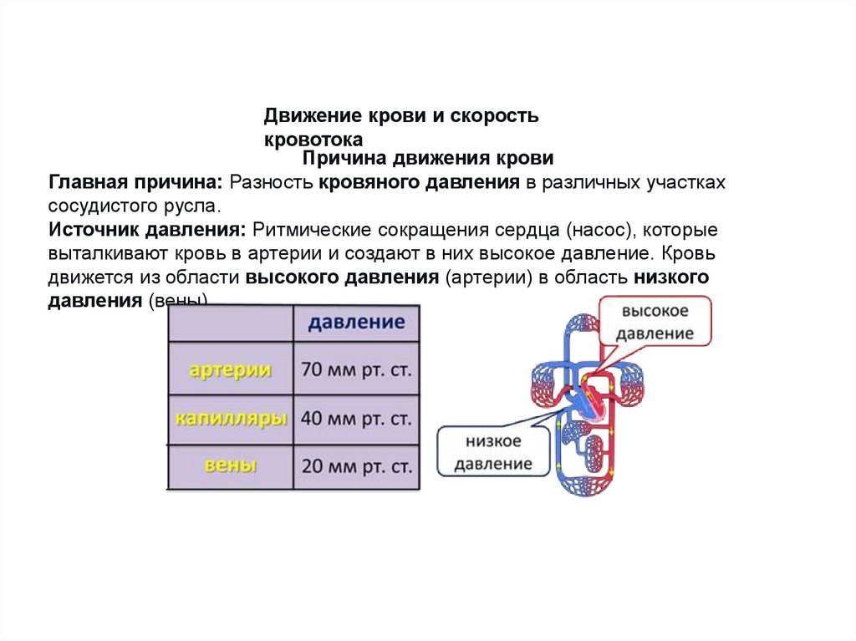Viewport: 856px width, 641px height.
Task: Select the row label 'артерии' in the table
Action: click(230, 369)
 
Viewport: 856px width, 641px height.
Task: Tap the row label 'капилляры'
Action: click(232, 418)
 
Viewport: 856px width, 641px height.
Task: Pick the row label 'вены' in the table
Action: click(230, 466)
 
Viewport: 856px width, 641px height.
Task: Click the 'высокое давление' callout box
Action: click(656, 322)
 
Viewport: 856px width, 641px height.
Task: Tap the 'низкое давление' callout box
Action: click(493, 452)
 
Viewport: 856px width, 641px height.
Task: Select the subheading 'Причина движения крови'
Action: click(427, 159)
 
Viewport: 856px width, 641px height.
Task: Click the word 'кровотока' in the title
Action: click(313, 140)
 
